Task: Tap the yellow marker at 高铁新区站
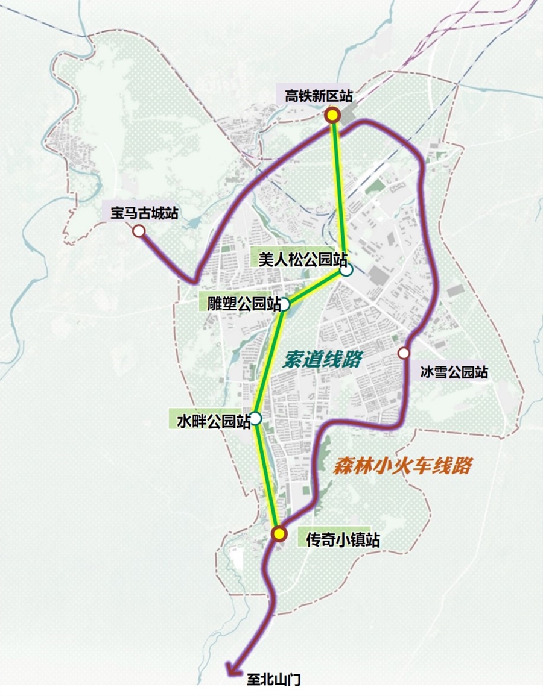pos(332,115)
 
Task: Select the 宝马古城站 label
pos(145,213)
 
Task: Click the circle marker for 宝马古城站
pos(139,231)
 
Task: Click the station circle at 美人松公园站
pos(346,271)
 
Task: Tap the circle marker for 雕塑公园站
pos(285,305)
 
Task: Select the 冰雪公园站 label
pos(454,372)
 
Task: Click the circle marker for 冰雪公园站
pos(404,353)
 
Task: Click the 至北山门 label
pos(273,680)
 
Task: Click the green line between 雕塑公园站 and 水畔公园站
pos(270,362)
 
